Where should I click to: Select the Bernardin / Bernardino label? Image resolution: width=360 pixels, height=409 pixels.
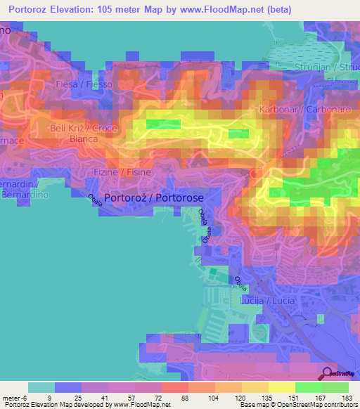pyautogui.click(x=20, y=189)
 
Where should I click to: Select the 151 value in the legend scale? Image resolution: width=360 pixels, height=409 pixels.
pyautogui.click(x=295, y=397)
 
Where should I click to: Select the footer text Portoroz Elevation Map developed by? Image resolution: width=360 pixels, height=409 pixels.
pyautogui.click(x=60, y=405)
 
